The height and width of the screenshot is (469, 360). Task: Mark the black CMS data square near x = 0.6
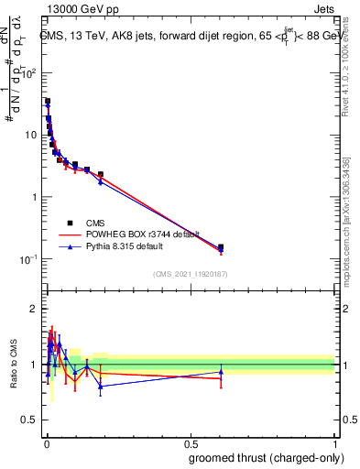click(x=221, y=247)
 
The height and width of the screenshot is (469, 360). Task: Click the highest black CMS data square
click(x=48, y=102)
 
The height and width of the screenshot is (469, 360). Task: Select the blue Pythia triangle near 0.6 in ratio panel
click(x=221, y=372)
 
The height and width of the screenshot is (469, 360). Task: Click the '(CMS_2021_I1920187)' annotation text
click(x=191, y=274)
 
